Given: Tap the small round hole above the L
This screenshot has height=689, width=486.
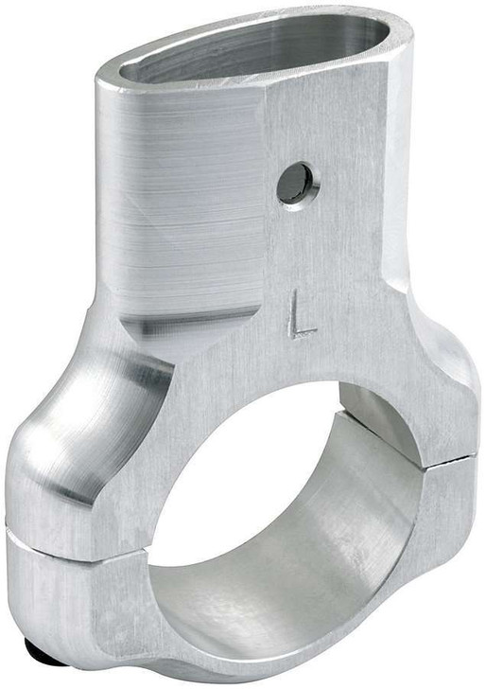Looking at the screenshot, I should coord(297,183).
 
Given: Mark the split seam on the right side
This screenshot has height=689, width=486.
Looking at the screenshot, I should coord(452,461).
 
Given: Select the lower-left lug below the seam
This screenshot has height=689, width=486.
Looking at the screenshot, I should coord(57,596).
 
